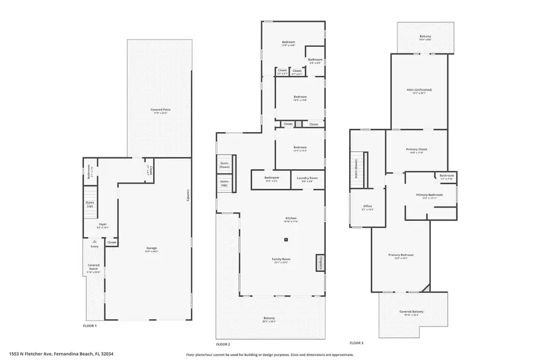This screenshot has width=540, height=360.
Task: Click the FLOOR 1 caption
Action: tap(89, 325)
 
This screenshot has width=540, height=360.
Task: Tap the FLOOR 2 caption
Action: tap(223, 344)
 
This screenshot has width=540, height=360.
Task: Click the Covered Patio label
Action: tap(159, 110)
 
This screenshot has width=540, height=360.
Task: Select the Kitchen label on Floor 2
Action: tap(290, 218)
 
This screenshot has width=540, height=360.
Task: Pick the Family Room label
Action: tap(281, 259)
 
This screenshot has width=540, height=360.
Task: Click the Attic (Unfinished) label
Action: tap(419, 91)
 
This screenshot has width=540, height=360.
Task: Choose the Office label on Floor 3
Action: tap(367, 207)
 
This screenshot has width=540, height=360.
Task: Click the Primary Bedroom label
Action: tap(401, 255)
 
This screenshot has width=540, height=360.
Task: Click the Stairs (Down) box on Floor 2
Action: tap(225, 164)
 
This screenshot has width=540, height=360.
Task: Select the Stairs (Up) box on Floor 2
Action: tap(224, 182)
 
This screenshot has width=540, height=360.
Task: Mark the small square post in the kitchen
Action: tap(286, 240)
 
